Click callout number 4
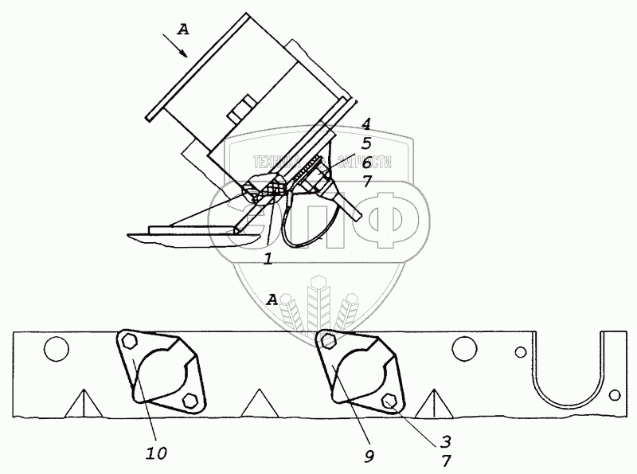tap(365, 125)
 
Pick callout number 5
tap(365, 144)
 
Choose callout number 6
tap(365, 162)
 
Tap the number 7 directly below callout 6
tap(365, 181)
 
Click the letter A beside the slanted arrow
tap(183, 30)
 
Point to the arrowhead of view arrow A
tap(186, 57)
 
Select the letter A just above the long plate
tap(272, 300)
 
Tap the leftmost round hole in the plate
tap(55, 349)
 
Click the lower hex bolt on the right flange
tap(389, 401)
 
